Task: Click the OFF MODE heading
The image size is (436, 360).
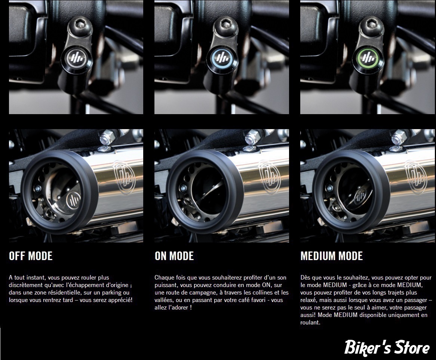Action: pos(31,256)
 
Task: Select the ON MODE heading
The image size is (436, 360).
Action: pos(174,256)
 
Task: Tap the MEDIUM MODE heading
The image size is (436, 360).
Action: pos(331,256)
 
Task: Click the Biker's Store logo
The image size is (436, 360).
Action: pos(387,348)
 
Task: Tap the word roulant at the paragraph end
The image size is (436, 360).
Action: pos(310,323)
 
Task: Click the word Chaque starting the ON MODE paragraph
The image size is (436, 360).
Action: pos(165,277)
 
